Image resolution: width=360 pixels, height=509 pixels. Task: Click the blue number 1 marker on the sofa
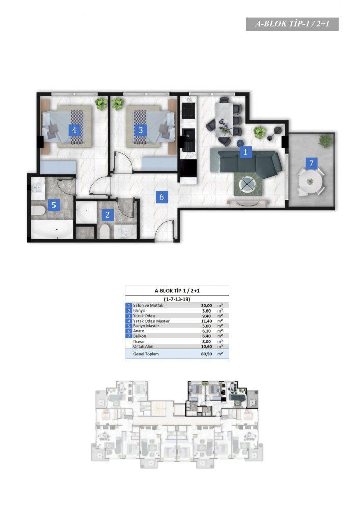point(245,152)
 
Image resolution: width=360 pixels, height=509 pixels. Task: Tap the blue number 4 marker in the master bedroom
point(75,130)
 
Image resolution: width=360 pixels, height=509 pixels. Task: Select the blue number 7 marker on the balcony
point(311,163)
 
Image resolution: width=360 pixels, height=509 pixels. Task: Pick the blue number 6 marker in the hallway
point(161,196)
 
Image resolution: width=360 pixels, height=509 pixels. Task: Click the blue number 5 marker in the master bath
point(54,205)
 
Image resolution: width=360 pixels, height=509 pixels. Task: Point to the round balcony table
point(311,182)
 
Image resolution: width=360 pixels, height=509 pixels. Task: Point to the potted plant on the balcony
point(325,141)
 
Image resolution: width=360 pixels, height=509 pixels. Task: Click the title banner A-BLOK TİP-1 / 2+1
point(292,24)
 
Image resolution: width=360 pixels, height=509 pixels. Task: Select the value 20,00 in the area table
point(206,305)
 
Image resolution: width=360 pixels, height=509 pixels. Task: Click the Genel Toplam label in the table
point(146,354)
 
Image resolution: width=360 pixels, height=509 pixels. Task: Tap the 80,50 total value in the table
point(206,354)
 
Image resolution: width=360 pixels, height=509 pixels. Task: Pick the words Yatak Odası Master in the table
point(151,321)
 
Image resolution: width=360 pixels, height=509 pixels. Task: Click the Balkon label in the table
point(140,336)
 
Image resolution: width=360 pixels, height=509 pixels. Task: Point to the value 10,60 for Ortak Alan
point(206,346)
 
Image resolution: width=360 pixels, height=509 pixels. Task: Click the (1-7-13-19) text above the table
point(177,299)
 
